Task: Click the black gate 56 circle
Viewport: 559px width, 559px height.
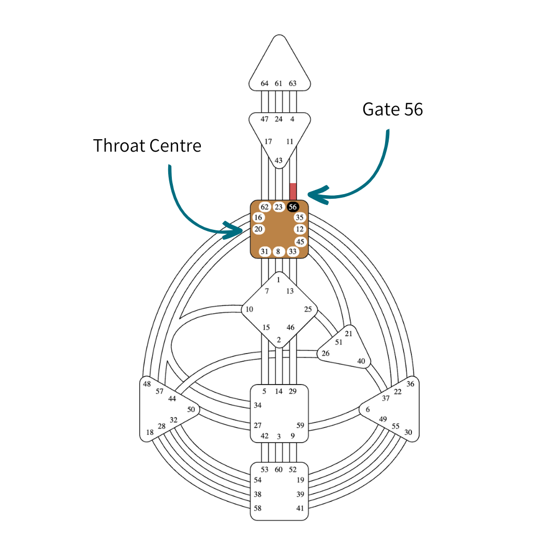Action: click(x=293, y=207)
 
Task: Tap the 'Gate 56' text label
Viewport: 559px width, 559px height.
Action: click(x=392, y=109)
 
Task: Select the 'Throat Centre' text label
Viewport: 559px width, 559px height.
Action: click(x=147, y=145)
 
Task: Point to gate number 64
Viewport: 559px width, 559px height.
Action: click(x=264, y=83)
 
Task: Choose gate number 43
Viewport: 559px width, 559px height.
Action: click(x=278, y=160)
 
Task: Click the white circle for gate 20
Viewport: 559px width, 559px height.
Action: click(x=259, y=229)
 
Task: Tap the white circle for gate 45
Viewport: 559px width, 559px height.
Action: click(x=300, y=242)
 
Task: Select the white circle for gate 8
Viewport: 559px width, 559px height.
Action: click(x=278, y=252)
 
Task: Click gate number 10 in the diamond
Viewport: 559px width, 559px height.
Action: click(x=249, y=310)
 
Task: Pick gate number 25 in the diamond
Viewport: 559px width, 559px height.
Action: click(x=308, y=310)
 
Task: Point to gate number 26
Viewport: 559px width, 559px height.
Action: click(x=326, y=354)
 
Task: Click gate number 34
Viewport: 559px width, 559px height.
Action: click(x=258, y=405)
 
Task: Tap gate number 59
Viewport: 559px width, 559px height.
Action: click(x=300, y=425)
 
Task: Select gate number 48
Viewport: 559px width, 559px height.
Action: click(x=147, y=384)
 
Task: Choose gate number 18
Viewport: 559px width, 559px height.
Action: click(x=150, y=432)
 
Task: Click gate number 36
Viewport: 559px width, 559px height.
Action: click(x=410, y=384)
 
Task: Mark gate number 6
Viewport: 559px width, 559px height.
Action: click(x=367, y=410)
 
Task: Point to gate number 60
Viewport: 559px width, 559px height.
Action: click(x=278, y=469)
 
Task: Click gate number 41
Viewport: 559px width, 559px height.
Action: click(x=300, y=508)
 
